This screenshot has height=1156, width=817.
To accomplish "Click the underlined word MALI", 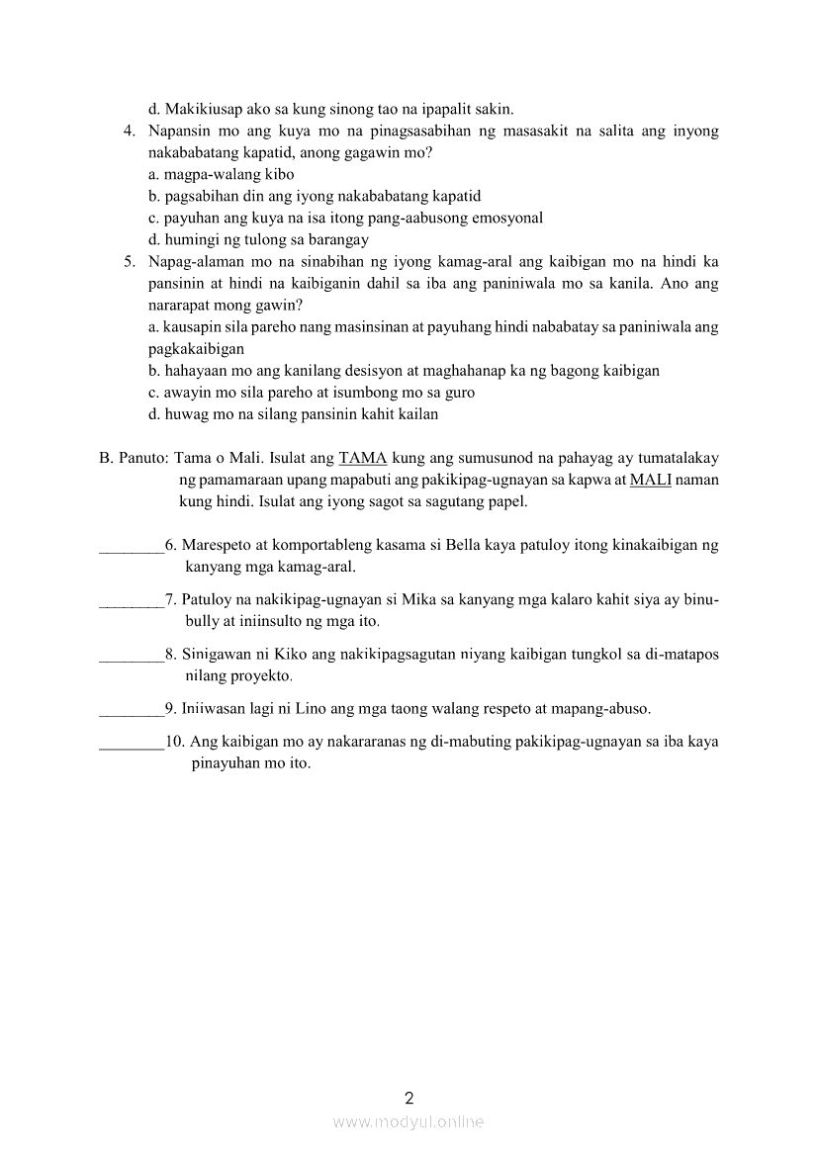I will coord(650,480).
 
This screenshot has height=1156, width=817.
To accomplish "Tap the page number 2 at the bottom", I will coord(408,1097).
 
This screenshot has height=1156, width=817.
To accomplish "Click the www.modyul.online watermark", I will coord(408,1122).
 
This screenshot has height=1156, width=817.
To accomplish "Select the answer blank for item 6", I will coord(132,545).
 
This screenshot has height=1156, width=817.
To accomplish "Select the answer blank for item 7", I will coord(132,600).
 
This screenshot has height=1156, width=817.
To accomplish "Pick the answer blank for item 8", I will coord(132,655).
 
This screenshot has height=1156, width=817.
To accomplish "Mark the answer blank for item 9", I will coord(132,709).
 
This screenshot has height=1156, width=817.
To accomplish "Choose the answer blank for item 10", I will coord(132,742).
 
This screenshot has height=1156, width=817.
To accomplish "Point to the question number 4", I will coord(129,131).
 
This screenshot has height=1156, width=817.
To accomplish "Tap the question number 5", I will coord(129,262).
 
